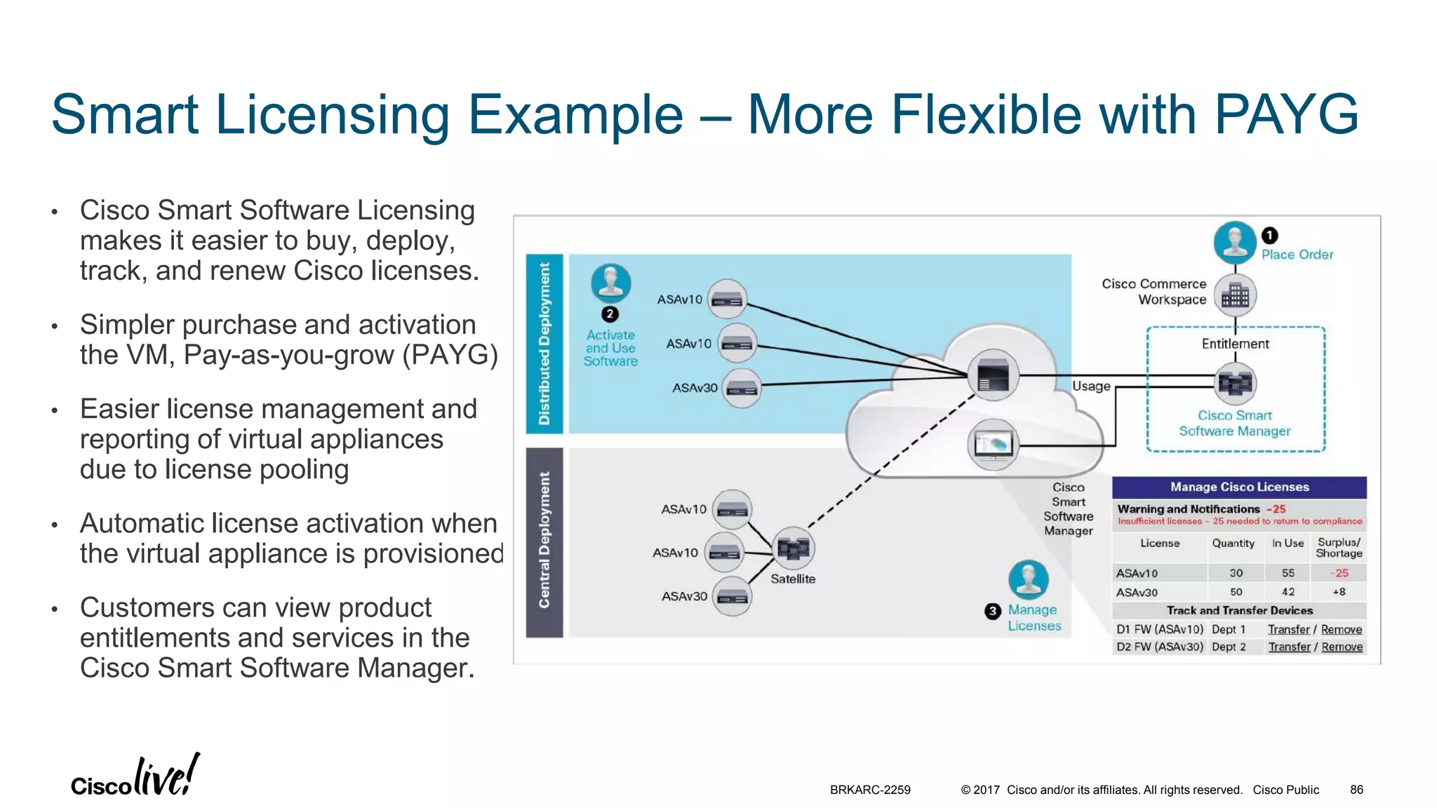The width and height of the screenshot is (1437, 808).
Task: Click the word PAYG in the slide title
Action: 1286,114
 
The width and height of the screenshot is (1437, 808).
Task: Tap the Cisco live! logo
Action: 135,776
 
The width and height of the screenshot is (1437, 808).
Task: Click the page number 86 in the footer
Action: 1356,790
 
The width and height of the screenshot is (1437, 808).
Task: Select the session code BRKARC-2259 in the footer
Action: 870,790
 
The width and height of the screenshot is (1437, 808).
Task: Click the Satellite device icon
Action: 793,548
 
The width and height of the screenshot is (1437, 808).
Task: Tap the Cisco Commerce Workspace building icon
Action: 1235,295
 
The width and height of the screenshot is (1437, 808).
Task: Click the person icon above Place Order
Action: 1235,242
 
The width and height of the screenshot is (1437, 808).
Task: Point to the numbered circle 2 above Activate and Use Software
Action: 610,314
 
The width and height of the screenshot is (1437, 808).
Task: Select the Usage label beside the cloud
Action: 1091,386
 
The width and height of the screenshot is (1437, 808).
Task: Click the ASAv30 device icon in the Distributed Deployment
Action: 742,388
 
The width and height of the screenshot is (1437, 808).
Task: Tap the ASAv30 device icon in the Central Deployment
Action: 733,596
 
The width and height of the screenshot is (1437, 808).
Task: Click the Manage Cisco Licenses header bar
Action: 1239,487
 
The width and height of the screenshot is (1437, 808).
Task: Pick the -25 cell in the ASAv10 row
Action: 1339,573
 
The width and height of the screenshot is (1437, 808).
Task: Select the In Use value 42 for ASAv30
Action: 1288,592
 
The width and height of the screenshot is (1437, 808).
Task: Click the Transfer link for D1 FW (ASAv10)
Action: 1288,630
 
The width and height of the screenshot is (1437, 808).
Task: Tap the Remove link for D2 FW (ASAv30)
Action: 1342,647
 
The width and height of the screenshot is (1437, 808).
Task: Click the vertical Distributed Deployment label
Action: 544,344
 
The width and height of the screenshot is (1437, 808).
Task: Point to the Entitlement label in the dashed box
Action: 1235,344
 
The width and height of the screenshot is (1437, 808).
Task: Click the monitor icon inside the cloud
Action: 993,445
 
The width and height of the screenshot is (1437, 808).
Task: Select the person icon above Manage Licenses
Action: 1029,580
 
